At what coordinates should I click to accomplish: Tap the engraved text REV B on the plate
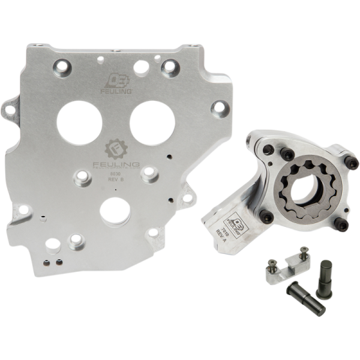pos(115,179)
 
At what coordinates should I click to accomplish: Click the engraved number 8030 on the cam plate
pos(114,173)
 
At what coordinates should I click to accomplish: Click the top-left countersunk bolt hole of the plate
pos(62,63)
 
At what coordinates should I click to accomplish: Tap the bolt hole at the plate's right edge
pos(220,109)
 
